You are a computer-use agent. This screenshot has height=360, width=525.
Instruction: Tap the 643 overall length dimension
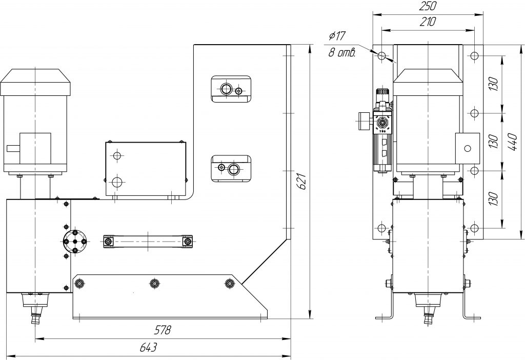[148, 348]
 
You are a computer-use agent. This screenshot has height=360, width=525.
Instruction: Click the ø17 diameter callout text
[338, 36]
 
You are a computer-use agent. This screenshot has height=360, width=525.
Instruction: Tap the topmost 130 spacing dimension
[494, 83]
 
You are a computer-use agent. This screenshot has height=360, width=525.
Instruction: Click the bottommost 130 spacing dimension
[494, 198]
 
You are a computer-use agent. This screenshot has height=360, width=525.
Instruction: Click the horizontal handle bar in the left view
[148, 241]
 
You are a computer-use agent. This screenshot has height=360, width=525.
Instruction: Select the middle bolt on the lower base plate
[154, 283]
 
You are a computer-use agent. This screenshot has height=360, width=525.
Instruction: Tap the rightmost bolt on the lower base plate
[229, 283]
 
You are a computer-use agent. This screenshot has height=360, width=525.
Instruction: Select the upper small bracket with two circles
[231, 89]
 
